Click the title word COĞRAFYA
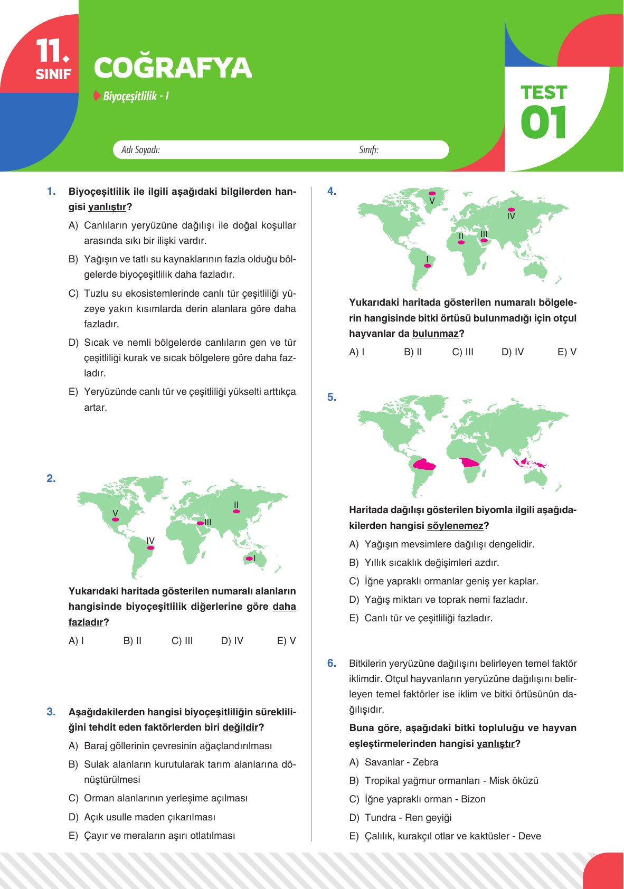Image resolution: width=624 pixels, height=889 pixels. [x=173, y=68]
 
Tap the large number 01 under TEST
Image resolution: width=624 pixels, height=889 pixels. [x=543, y=123]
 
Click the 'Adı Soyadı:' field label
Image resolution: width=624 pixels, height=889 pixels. [x=140, y=150]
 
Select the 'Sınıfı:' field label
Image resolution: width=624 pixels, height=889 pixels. [x=368, y=150]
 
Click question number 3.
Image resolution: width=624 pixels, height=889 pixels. [x=51, y=712]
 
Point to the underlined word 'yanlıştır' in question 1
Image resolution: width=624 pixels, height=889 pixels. [x=107, y=207]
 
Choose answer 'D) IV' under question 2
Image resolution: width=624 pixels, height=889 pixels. [x=232, y=640]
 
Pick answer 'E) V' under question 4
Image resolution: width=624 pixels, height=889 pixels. [x=566, y=352]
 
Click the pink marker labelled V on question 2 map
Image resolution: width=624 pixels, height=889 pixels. [x=116, y=519]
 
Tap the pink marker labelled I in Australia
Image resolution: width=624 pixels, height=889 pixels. [x=249, y=559]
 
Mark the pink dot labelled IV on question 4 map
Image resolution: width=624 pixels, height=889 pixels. [x=510, y=210]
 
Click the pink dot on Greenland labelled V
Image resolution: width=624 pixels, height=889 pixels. [x=432, y=194]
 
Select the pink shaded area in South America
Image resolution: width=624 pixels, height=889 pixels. [x=424, y=465]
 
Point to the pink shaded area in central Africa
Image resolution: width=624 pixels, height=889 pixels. [x=469, y=463]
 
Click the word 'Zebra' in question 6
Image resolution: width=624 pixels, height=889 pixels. [x=425, y=762]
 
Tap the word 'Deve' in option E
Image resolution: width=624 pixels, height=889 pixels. [x=530, y=836]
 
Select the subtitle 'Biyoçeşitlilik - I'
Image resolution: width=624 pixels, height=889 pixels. [x=136, y=96]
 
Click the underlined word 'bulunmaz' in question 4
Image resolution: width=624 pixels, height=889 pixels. [x=435, y=334]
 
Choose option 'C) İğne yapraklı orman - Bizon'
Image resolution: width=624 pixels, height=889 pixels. [x=417, y=799]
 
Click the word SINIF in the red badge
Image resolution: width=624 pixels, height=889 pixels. [x=53, y=74]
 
